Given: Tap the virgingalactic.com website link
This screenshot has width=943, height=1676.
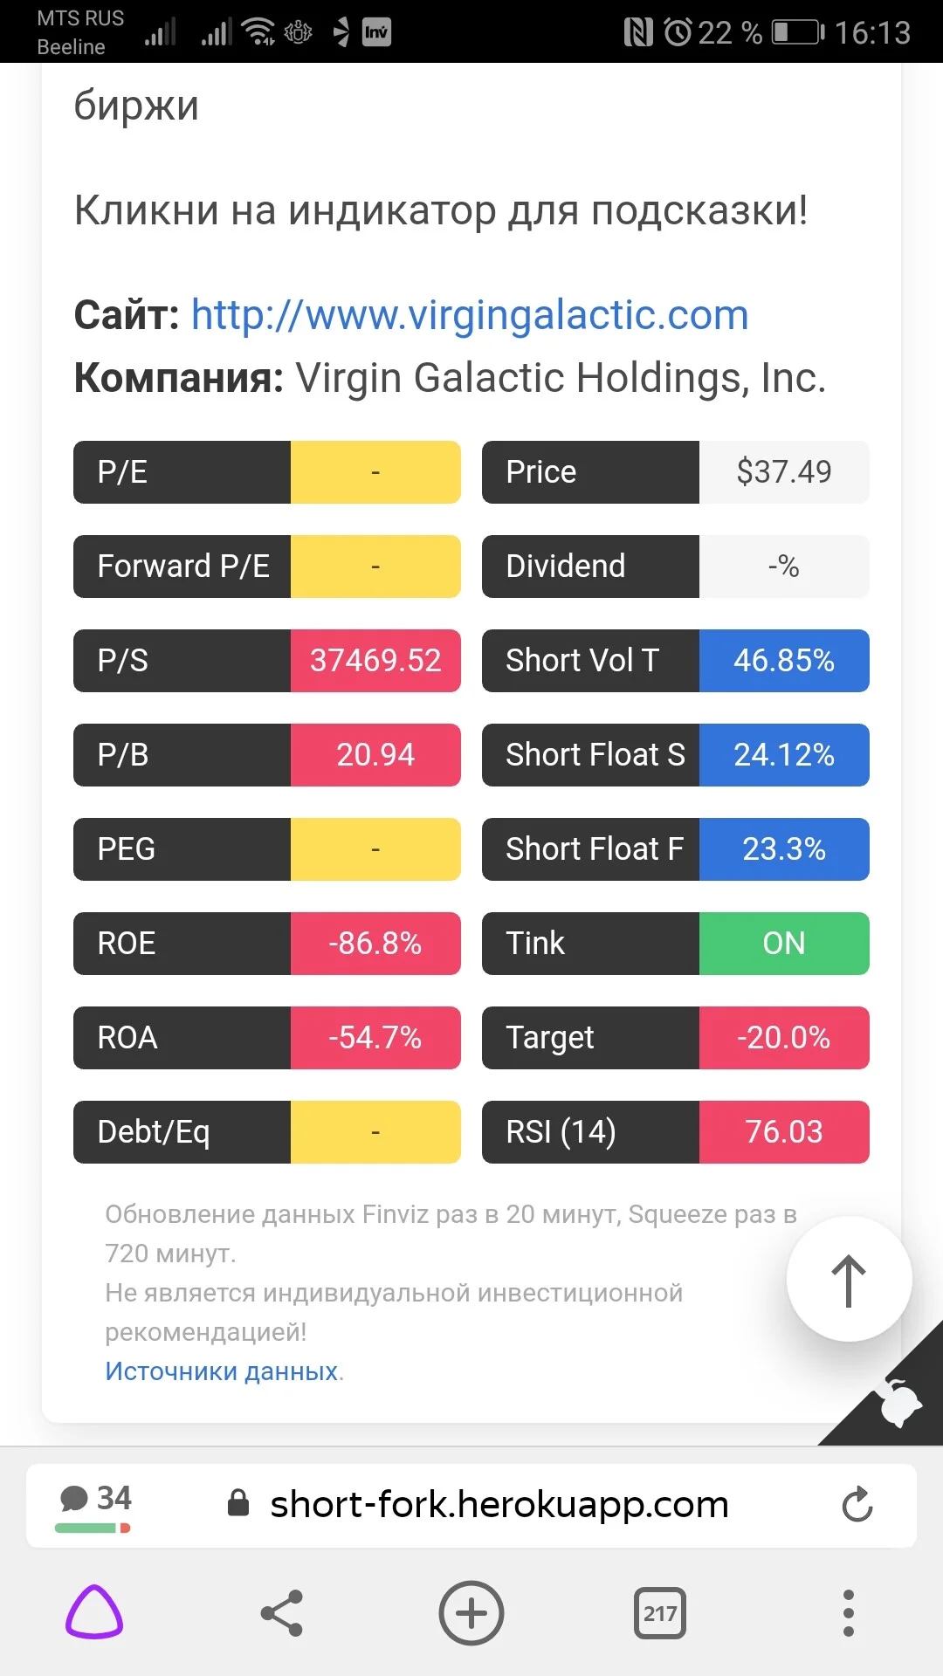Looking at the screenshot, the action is click(470, 315).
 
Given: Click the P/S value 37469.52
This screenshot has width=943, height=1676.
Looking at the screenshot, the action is click(375, 661).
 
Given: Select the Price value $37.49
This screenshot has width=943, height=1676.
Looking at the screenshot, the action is click(784, 472).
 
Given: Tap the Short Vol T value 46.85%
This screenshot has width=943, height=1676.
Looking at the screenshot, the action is click(784, 661).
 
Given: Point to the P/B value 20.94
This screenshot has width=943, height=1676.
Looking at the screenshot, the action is click(375, 755).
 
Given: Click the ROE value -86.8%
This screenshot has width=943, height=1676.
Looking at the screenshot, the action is click(375, 944).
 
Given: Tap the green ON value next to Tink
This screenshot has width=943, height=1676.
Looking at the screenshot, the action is click(784, 944).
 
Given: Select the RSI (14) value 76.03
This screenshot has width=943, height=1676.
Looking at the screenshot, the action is click(784, 1132).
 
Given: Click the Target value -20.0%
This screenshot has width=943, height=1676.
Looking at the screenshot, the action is click(784, 1038).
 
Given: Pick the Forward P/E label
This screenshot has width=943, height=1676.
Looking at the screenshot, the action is click(183, 567).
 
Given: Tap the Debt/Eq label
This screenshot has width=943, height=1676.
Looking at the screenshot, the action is click(154, 1132).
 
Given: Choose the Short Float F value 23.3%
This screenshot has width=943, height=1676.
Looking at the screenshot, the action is click(784, 849).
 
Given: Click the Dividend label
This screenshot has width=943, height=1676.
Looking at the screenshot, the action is click(566, 567).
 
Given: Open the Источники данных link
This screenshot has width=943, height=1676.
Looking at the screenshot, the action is click(222, 1371).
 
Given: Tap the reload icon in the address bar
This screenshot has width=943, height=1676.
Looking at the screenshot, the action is click(857, 1504).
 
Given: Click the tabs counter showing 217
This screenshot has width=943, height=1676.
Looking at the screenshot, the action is click(660, 1613).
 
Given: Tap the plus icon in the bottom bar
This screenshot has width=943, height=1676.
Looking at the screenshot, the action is click(471, 1613).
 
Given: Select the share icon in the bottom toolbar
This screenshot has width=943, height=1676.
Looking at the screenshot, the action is click(282, 1613).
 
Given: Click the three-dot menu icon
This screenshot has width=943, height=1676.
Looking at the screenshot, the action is click(848, 1613).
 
